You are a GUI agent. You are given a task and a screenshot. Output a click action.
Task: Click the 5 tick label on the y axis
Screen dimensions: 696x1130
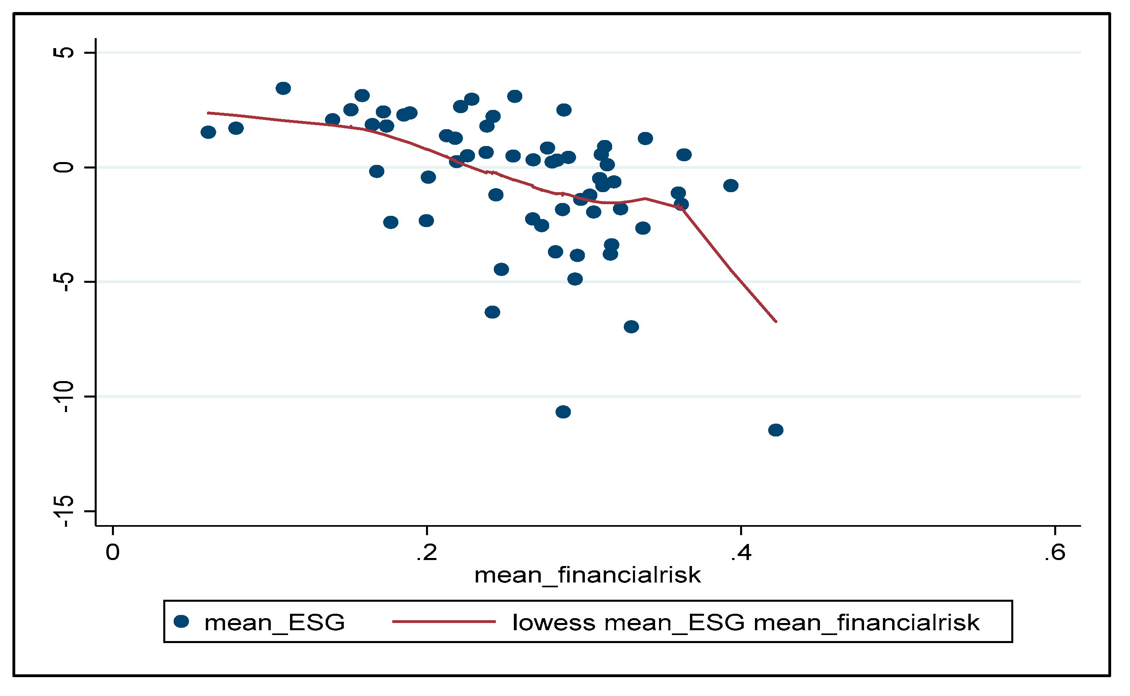[x=63, y=53]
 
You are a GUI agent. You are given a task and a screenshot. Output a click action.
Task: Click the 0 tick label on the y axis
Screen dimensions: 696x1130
[x=63, y=167]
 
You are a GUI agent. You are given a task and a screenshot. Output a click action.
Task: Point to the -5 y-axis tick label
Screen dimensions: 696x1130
[x=63, y=282]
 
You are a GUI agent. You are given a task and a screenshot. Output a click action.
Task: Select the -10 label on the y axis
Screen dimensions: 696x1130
[x=63, y=396]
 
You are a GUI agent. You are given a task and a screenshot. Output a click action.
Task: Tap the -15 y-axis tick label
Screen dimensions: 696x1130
[x=63, y=511]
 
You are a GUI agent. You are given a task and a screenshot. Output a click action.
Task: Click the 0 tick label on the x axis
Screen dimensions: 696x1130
[x=113, y=552]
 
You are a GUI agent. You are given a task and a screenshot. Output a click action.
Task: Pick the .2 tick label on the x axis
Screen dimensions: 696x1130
[x=427, y=552]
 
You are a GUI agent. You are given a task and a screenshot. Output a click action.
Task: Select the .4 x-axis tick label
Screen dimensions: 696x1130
[x=740, y=552]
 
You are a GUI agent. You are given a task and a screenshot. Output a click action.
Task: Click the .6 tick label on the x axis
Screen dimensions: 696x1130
[x=1055, y=552]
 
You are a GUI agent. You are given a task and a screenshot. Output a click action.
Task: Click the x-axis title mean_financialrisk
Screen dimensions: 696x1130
[x=587, y=575]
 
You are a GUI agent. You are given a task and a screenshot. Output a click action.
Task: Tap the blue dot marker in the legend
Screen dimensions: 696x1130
[x=181, y=622]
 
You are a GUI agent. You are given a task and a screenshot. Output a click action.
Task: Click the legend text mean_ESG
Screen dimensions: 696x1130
[x=274, y=623]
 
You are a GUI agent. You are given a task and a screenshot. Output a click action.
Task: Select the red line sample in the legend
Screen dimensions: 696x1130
[x=444, y=622]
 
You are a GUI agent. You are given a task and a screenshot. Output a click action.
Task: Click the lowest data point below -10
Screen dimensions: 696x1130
[x=775, y=430]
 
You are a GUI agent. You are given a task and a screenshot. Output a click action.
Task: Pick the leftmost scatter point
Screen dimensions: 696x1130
[x=209, y=132]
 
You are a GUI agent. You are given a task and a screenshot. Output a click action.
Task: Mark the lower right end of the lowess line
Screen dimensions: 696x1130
[x=776, y=321]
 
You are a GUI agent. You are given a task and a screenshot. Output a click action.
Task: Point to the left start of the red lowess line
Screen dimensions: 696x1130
[x=209, y=112]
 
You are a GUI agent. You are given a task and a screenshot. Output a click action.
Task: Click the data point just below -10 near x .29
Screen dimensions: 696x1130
[x=563, y=412]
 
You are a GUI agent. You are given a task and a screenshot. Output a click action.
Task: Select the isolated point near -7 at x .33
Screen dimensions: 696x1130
[x=631, y=327]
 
